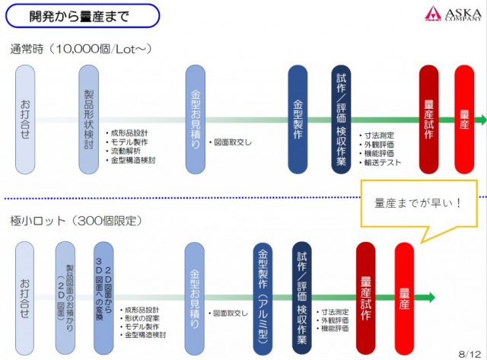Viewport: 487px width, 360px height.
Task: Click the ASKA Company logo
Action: coord(454,13)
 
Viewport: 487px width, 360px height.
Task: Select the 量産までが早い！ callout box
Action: coord(418,204)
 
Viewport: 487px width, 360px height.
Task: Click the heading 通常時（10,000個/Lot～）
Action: coord(81,48)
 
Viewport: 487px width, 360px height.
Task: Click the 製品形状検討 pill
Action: coord(89,118)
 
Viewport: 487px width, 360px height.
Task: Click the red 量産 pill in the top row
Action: coord(465,118)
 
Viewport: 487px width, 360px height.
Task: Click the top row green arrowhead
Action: coord(481,120)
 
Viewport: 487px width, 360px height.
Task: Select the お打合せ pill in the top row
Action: coord(24,118)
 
